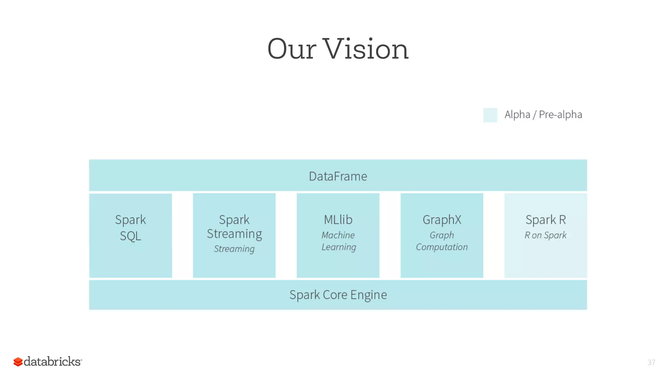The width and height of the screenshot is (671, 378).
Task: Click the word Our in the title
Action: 292,49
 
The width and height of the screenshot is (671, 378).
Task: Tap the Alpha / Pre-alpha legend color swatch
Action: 490,115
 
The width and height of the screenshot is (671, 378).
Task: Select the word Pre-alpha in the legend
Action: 560,115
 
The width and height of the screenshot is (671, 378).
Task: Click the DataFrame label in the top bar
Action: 338,177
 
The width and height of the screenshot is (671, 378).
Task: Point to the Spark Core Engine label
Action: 338,295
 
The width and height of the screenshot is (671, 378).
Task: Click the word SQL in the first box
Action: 130,236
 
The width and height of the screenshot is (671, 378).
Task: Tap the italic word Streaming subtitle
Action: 234,249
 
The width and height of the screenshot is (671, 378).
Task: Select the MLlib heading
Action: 338,220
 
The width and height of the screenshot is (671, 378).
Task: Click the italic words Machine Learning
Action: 338,241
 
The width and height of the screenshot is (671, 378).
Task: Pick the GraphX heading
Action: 442,220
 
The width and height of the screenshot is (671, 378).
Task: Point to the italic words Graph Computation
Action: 442,241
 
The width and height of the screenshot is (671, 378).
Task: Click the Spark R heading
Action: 546,220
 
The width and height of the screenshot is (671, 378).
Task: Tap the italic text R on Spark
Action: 546,235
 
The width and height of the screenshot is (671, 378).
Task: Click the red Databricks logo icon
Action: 18,362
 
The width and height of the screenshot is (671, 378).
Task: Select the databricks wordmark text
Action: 52,362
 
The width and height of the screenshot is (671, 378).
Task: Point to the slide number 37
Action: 651,363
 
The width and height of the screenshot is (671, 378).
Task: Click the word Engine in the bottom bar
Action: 368,295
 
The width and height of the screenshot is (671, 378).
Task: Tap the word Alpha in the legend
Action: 517,115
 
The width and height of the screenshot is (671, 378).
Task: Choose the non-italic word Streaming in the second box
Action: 234,234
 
